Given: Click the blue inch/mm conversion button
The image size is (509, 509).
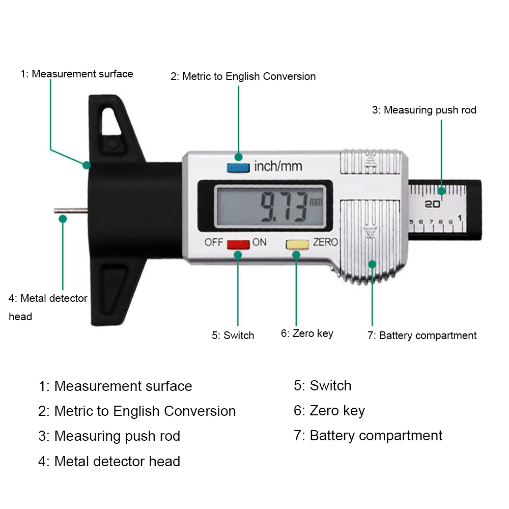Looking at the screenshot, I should point(239,166).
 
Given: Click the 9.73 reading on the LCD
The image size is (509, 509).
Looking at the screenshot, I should point(283,206).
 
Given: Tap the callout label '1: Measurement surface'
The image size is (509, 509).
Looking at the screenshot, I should point(76,74).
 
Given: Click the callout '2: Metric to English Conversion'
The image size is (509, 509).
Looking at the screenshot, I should point(243,76).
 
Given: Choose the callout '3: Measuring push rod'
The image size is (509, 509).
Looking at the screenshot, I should point(424,110).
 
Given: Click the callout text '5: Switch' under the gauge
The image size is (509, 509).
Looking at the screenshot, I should point(233,335).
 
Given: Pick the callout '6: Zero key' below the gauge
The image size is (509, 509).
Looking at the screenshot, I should point(307,333).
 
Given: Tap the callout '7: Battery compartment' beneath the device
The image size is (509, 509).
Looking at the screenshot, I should point(422,335).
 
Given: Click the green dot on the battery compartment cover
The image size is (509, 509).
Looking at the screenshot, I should point(372,264).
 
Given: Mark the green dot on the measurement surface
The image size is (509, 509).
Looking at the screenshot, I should point(87,165).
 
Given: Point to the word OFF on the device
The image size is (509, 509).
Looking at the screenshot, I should point(214,242).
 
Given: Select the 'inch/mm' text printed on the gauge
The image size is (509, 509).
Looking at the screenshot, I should point(278,166).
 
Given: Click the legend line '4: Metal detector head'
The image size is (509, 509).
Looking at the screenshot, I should point(109,462).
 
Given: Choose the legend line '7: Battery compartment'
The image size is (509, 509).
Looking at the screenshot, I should point(368,436).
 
